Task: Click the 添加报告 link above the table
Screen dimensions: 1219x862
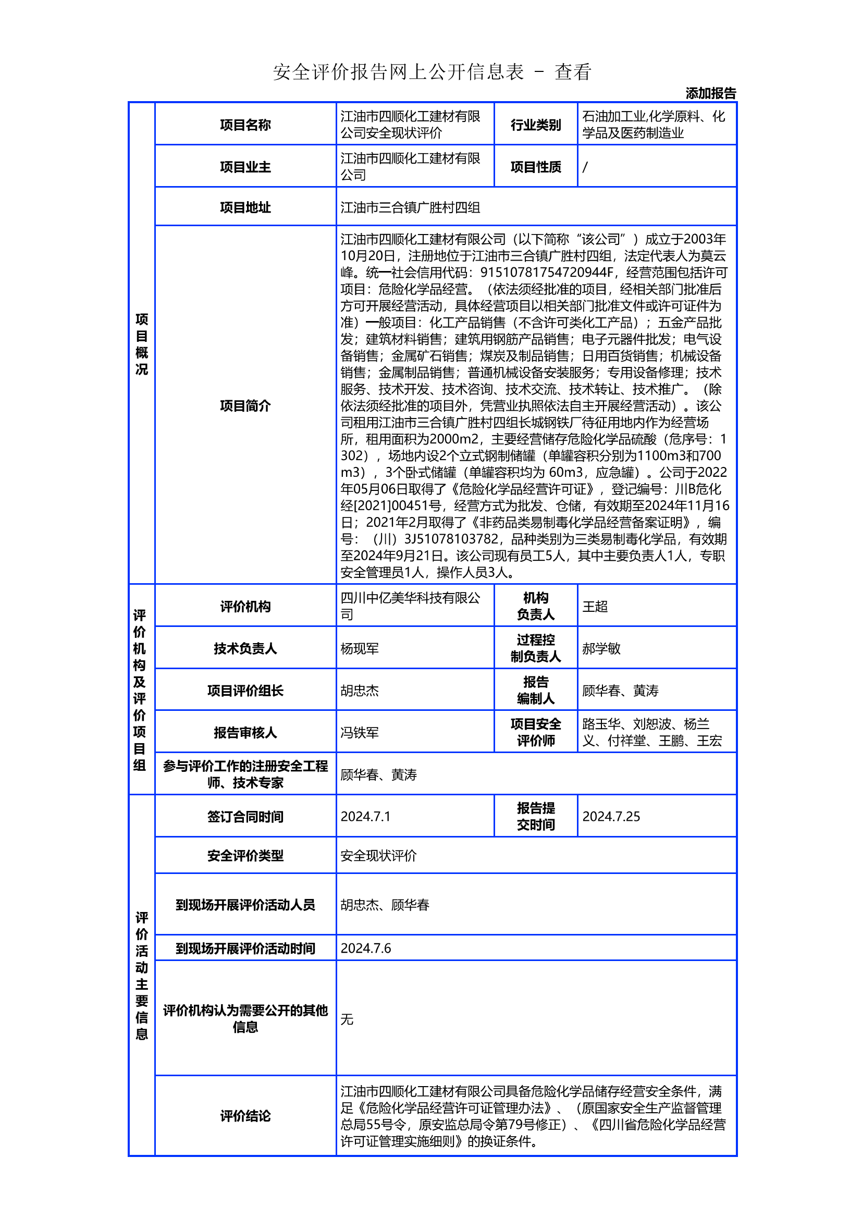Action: point(710,93)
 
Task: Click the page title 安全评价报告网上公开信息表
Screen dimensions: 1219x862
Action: point(398,72)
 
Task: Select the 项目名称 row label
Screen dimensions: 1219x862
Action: point(245,125)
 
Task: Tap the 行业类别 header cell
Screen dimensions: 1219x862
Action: point(536,125)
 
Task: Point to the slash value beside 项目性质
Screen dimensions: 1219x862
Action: point(585,167)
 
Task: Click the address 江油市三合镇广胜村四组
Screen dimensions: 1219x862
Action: point(410,207)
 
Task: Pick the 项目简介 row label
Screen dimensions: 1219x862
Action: point(245,405)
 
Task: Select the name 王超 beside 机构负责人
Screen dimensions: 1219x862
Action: point(595,606)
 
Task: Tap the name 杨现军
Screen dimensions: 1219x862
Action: point(360,648)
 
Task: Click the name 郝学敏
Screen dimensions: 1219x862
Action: point(601,648)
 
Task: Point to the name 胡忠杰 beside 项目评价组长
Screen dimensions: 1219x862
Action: point(360,691)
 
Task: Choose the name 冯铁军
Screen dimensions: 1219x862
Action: point(360,733)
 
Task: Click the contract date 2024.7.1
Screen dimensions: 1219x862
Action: point(365,816)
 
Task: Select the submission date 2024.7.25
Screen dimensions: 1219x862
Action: point(611,816)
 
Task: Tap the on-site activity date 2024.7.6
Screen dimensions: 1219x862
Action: point(366,948)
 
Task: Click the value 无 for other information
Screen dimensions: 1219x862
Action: point(347,1019)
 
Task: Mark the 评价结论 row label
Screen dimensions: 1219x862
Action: point(245,1115)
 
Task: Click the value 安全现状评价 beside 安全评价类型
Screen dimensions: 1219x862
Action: point(378,855)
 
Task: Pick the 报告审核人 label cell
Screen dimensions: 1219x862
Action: point(245,733)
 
